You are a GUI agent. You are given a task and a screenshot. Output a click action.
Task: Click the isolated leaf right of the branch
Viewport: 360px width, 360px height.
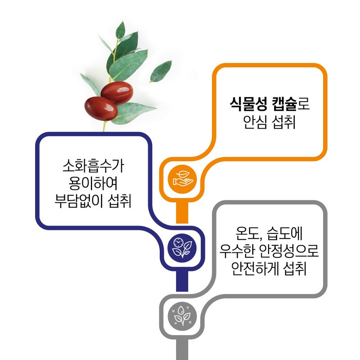coord(161,71)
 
